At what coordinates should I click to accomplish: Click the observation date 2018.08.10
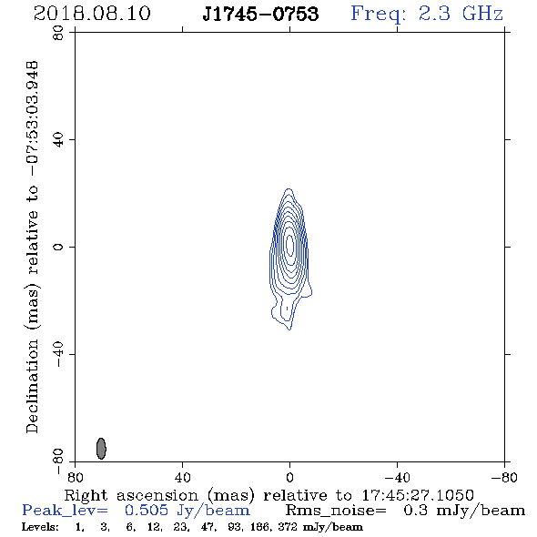click(92, 14)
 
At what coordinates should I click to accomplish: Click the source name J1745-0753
click(260, 14)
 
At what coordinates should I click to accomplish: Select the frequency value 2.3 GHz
click(461, 14)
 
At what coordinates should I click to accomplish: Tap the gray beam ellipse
click(101, 449)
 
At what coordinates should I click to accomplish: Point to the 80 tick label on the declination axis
click(59, 33)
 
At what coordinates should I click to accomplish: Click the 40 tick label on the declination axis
click(59, 140)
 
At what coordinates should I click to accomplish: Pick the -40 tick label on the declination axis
click(59, 354)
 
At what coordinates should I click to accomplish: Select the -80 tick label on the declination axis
click(59, 461)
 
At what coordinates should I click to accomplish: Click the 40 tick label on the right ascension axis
click(183, 477)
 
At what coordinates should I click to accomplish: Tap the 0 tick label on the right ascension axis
click(289, 477)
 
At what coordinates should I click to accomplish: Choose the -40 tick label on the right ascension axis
click(397, 477)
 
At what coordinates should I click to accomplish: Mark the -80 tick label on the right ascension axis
click(504, 477)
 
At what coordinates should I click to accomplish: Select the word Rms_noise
click(336, 511)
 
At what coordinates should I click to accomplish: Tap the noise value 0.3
click(415, 511)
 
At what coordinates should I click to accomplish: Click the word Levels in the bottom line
click(40, 527)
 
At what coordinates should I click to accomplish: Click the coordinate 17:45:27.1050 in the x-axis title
click(418, 495)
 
